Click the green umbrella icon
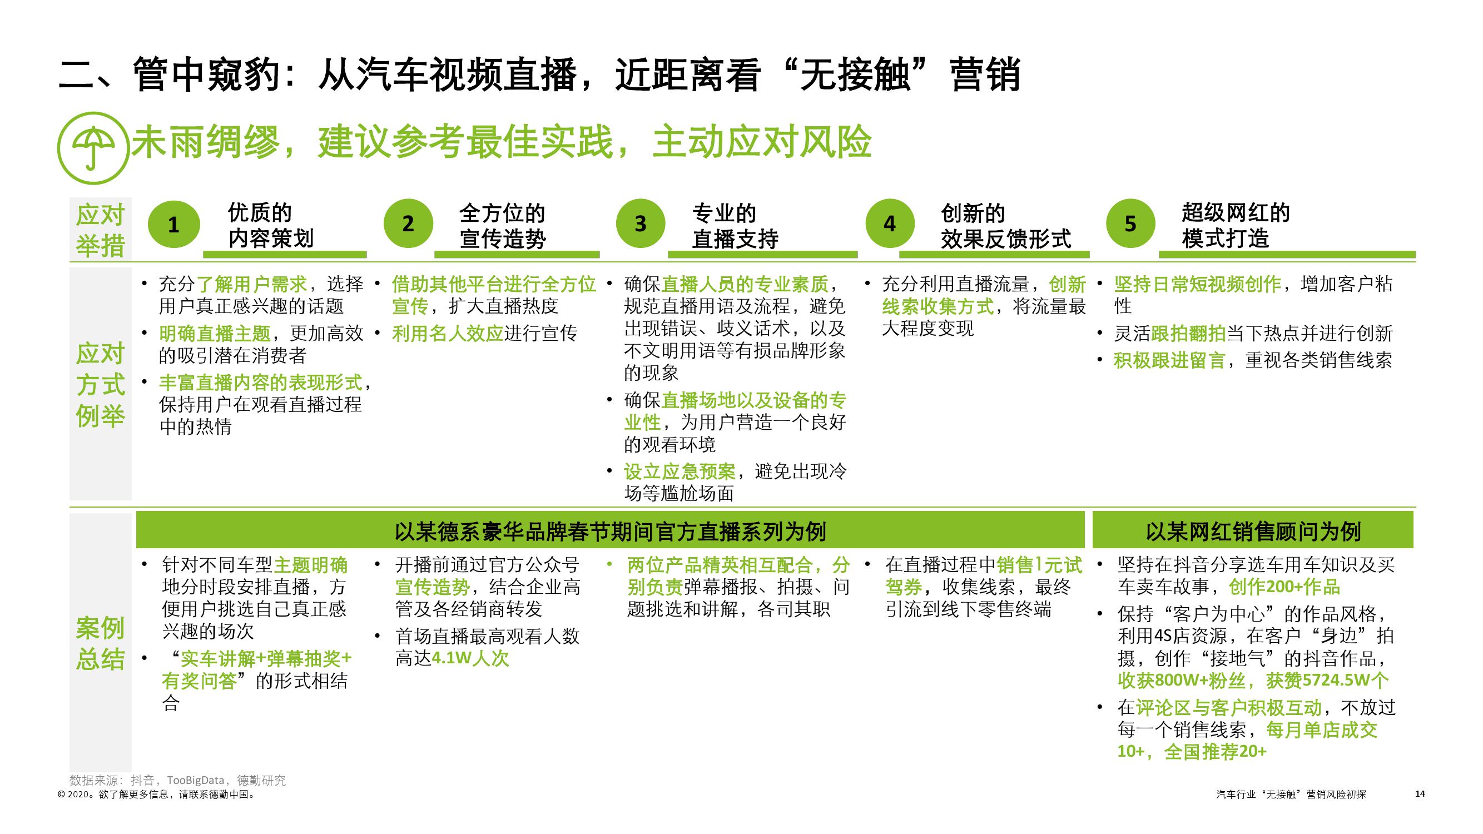tap(93, 148)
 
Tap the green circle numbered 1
tap(174, 225)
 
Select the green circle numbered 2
tap(408, 224)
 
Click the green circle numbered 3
tap(640, 224)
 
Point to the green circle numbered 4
tap(890, 224)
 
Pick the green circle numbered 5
tap(1130, 224)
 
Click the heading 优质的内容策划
tap(271, 226)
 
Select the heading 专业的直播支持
tap(735, 226)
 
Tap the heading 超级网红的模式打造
tap(1236, 226)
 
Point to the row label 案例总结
tap(100, 643)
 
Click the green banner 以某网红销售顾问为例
tap(1253, 530)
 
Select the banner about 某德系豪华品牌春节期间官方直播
tap(610, 530)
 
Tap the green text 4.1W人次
tap(470, 658)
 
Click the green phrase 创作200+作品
tap(1284, 587)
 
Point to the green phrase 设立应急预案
tap(680, 472)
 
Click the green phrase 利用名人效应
tap(448, 334)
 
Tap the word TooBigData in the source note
tap(195, 781)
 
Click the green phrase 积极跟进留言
tap(1169, 361)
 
